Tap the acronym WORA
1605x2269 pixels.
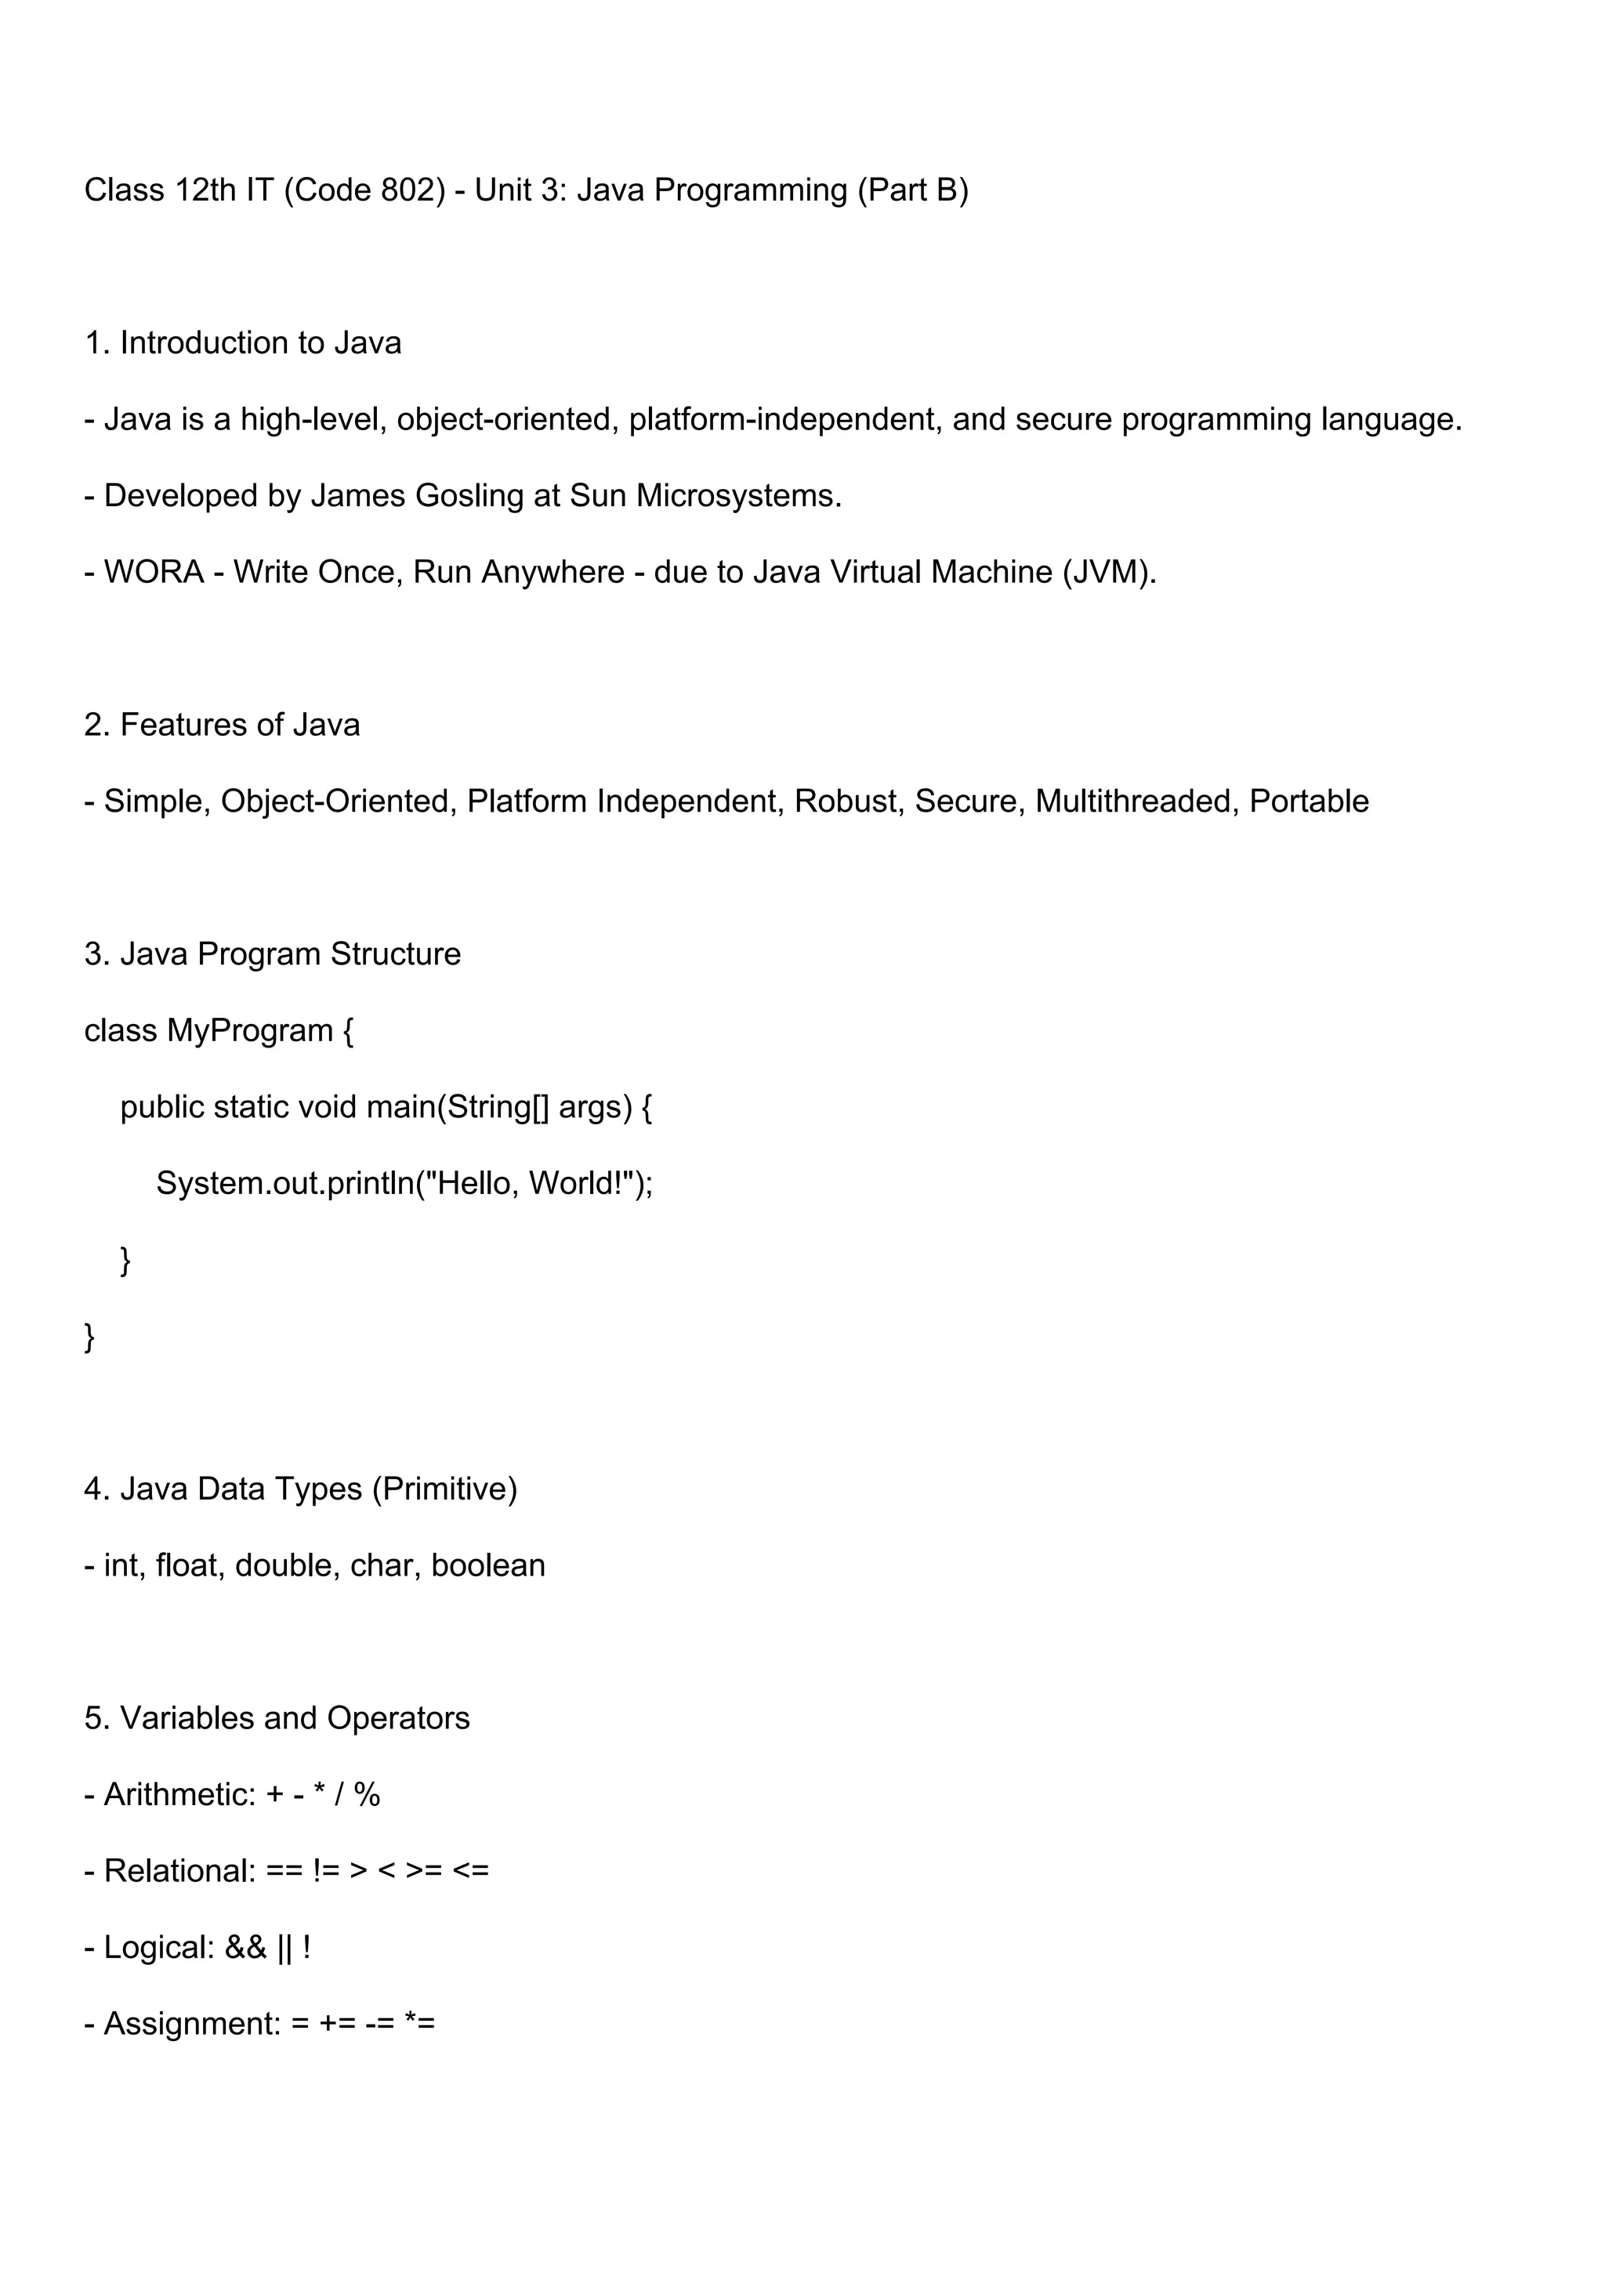coord(154,572)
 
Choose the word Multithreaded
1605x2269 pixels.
coord(1136,802)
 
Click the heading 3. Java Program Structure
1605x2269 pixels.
coord(273,954)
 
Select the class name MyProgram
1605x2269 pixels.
coord(250,1031)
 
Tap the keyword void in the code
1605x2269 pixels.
coord(327,1107)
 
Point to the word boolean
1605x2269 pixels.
coord(488,1565)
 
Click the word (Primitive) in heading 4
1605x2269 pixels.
coord(444,1489)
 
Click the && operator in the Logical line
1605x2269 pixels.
coord(246,1947)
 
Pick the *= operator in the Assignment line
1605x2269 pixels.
coord(420,2024)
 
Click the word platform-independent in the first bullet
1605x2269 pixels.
coord(784,420)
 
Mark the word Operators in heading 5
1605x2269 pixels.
coord(398,1718)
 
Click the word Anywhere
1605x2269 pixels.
coord(553,572)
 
